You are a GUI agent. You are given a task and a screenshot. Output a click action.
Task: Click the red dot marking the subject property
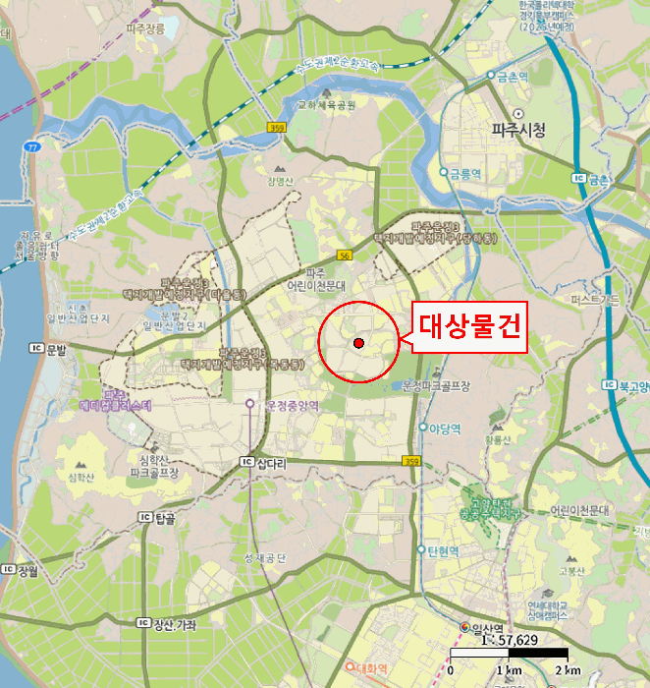point(358,342)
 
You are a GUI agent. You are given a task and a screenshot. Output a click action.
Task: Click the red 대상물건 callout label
point(468,324)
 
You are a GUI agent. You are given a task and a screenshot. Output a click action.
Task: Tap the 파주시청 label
point(517,130)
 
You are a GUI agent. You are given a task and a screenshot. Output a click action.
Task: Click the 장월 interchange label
point(27,570)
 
